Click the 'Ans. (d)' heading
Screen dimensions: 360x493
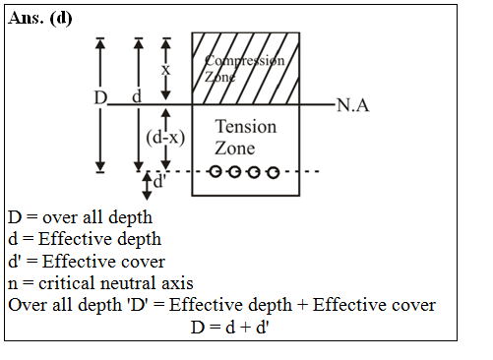40,19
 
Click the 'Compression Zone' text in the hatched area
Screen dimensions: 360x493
245,68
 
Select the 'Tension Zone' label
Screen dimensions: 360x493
245,138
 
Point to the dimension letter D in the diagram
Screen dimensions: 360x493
100,98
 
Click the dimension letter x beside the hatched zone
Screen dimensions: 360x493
165,70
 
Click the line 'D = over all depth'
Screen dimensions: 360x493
80,217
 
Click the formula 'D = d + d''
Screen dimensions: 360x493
230,327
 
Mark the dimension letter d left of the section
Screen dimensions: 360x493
137,98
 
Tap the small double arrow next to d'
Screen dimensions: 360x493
147,184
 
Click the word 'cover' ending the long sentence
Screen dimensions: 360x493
412,305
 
